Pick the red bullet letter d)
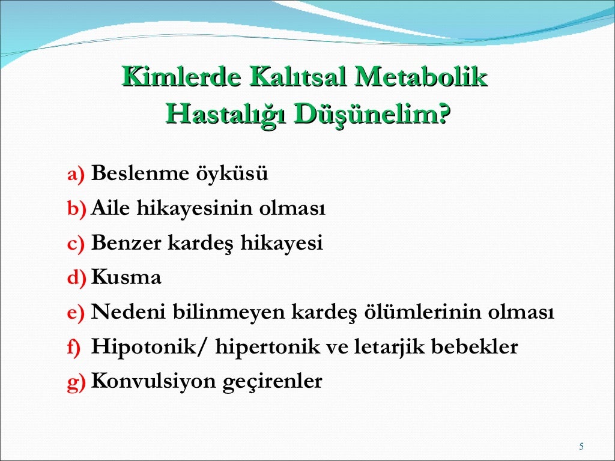76,279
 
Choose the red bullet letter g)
76,382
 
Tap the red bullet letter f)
74,348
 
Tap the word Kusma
126,278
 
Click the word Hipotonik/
150,348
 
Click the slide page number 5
581,446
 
